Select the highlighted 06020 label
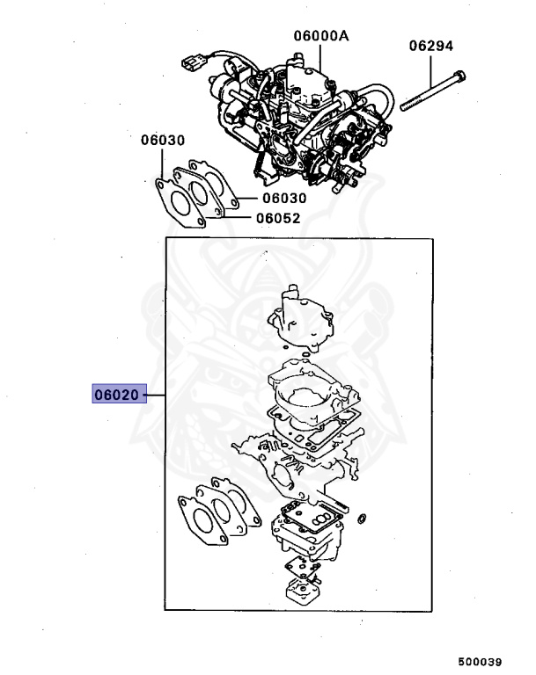(117, 396)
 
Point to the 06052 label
(278, 220)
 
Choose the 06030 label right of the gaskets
(283, 199)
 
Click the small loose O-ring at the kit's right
(362, 525)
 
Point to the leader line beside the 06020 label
(153, 396)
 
